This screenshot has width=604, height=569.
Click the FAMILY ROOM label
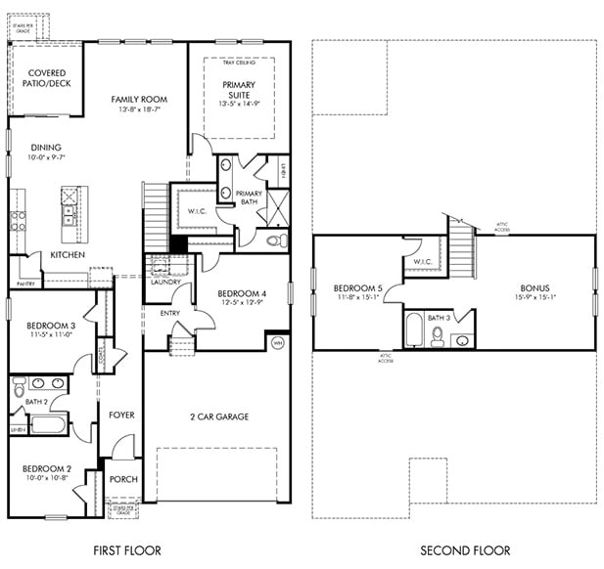click(x=138, y=99)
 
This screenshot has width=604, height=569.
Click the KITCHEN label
click(x=68, y=255)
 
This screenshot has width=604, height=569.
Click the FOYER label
click(x=120, y=415)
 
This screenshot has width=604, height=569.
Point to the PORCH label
click(x=123, y=479)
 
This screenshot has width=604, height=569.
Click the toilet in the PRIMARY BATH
click(x=273, y=238)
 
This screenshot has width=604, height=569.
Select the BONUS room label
click(x=534, y=288)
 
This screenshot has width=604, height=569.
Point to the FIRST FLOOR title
click(x=126, y=550)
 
